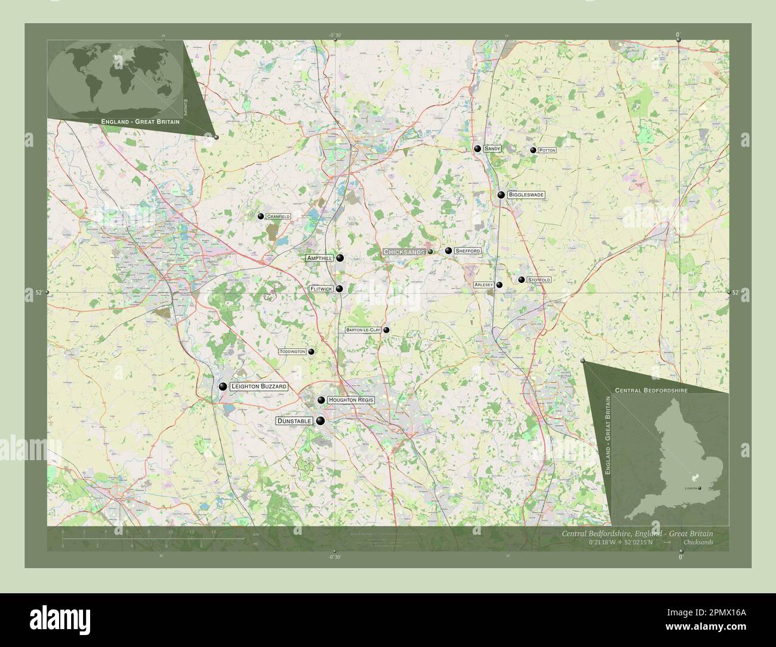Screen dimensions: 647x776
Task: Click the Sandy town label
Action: pyautogui.click(x=492, y=149)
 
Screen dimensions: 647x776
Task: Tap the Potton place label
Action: pyautogui.click(x=547, y=150)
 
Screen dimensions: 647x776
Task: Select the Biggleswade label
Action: pyautogui.click(x=526, y=195)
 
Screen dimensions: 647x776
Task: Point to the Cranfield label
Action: pyautogui.click(x=278, y=216)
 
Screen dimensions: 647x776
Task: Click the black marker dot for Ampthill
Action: pyautogui.click(x=340, y=258)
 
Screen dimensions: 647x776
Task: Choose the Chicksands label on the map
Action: pyautogui.click(x=404, y=252)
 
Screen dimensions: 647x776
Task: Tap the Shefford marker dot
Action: pyautogui.click(x=448, y=251)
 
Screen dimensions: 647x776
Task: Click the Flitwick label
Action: pyautogui.click(x=321, y=289)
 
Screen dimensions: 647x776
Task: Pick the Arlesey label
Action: pyautogui.click(x=484, y=285)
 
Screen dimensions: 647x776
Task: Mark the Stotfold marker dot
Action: pyautogui.click(x=521, y=279)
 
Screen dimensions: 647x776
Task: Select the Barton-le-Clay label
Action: pyautogui.click(x=363, y=330)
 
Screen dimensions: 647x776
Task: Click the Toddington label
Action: pyautogui.click(x=292, y=352)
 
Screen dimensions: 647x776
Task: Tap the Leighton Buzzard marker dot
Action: pyautogui.click(x=222, y=387)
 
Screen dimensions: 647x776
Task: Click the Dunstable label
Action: pyautogui.click(x=294, y=421)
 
